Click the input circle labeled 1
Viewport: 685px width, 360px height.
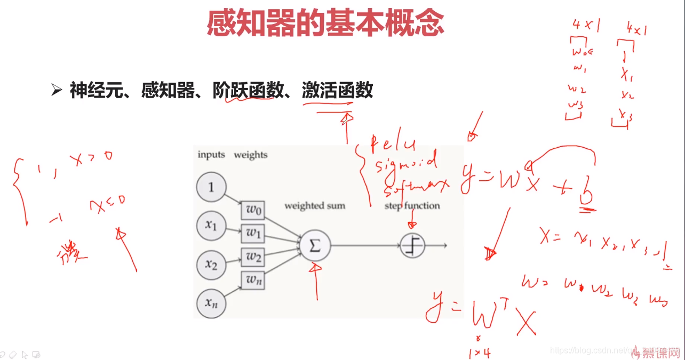point(212,187)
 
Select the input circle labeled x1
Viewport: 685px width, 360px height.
point(212,226)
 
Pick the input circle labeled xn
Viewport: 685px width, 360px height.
point(212,303)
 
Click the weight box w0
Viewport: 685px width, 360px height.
point(253,210)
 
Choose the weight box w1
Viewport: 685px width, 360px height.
point(253,233)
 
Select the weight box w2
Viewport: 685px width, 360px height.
point(253,256)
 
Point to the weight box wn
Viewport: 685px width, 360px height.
point(253,279)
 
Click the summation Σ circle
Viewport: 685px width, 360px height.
point(315,245)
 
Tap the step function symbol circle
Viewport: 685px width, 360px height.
point(413,245)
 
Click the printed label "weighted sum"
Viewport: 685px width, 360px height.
point(315,206)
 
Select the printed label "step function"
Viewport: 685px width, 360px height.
point(412,206)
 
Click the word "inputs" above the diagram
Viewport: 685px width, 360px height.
point(211,155)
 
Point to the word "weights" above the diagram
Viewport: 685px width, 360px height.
point(251,155)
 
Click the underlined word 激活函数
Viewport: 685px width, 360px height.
point(337,91)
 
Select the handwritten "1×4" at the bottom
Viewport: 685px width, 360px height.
point(479,353)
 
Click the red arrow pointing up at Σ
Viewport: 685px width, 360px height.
point(317,280)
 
